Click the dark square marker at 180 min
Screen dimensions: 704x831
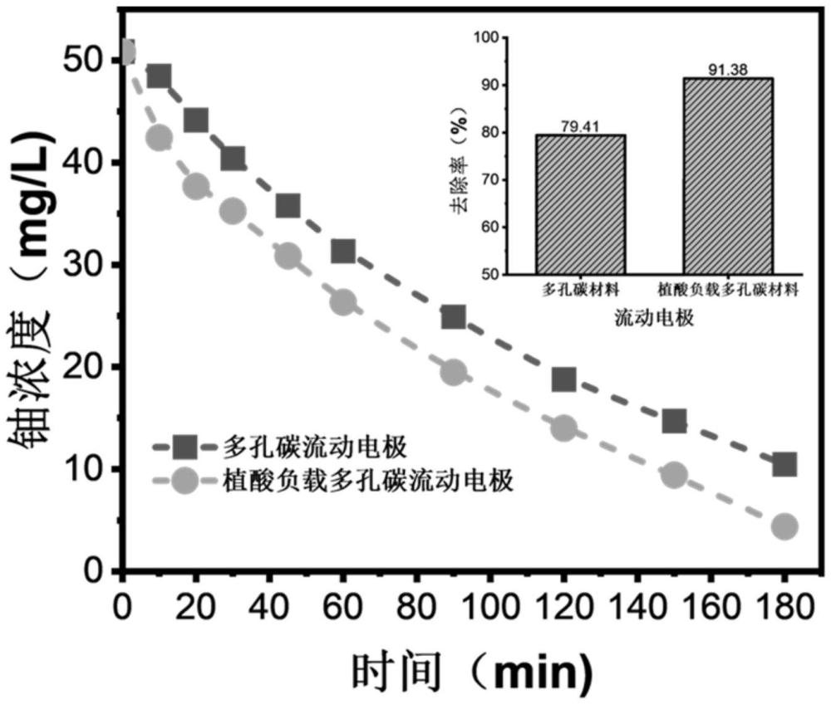784,464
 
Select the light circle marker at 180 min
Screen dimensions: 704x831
784,526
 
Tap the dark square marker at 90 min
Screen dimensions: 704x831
453,316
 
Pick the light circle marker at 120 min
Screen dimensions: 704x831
563,429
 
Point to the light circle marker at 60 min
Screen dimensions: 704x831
343,303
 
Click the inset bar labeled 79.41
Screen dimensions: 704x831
580,204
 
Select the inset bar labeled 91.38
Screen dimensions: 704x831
728,176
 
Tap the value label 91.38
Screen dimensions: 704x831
728,71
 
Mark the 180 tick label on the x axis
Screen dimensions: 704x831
784,601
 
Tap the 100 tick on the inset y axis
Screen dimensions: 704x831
484,38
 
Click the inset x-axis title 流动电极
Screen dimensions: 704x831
654,318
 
